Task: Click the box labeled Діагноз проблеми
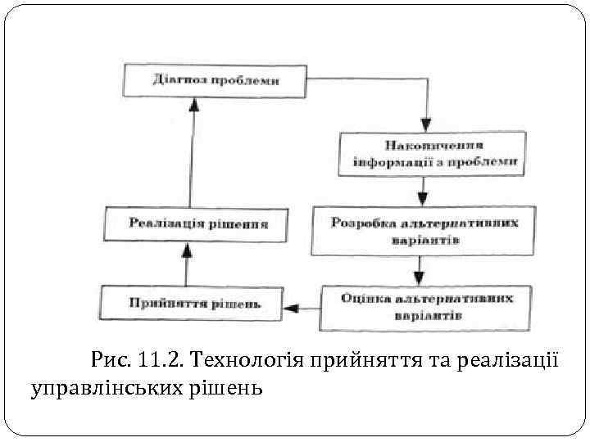click(x=216, y=81)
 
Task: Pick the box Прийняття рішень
click(x=192, y=304)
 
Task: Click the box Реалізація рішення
click(x=197, y=223)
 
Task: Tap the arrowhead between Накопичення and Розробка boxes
click(x=423, y=197)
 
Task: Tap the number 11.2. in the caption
click(x=159, y=358)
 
